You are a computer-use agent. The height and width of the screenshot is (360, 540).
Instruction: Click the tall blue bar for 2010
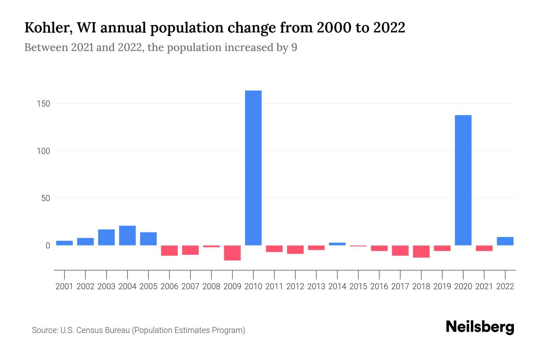pos(253,168)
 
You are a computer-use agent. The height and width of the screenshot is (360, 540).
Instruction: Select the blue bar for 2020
pos(463,180)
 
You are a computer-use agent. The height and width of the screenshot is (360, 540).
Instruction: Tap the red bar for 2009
pos(232,253)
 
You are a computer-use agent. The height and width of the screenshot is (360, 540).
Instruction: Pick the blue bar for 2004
pos(127,235)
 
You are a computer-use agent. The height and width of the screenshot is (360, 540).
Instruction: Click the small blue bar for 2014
pos(337,244)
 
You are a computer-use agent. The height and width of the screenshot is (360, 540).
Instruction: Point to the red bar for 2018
pos(421,251)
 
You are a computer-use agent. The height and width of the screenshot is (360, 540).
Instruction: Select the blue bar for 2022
pos(505,241)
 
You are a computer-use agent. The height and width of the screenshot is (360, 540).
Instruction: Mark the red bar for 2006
pos(169,250)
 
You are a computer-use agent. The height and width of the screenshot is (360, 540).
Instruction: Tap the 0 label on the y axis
pos(48,246)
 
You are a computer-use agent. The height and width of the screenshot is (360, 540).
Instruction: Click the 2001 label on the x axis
pos(64,286)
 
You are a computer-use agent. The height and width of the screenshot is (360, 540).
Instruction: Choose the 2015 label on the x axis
pos(358,286)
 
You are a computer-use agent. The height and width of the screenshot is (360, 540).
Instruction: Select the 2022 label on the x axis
pos(505,286)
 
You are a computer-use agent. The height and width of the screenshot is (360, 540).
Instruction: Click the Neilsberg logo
pos(480,327)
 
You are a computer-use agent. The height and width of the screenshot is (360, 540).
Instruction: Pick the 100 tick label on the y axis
pos(44,151)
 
